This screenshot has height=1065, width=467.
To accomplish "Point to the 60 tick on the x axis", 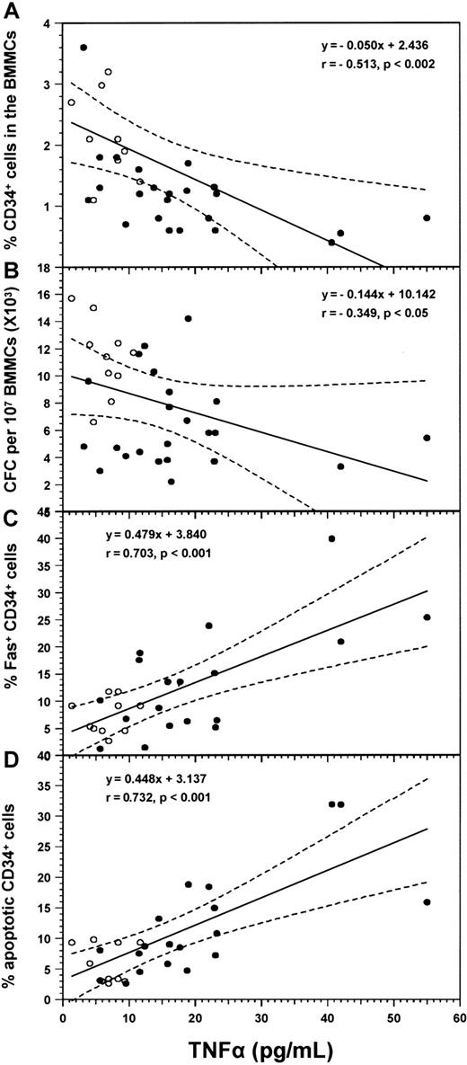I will click(459, 1015).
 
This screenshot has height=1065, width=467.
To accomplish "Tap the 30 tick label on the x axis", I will click(260, 1015).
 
